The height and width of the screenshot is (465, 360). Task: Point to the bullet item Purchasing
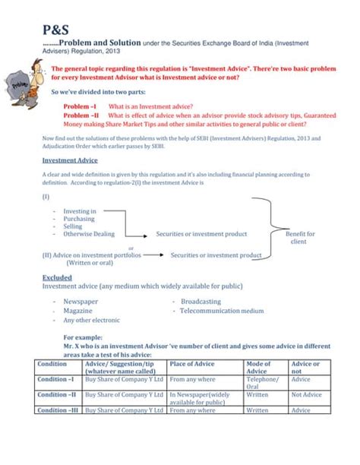79,219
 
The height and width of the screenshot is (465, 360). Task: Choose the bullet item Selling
73,226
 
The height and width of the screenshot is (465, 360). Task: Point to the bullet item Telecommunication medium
222,311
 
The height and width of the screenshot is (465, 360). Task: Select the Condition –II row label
57,395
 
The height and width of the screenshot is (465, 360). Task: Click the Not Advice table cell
307,395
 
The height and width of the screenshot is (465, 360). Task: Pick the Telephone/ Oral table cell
263,382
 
